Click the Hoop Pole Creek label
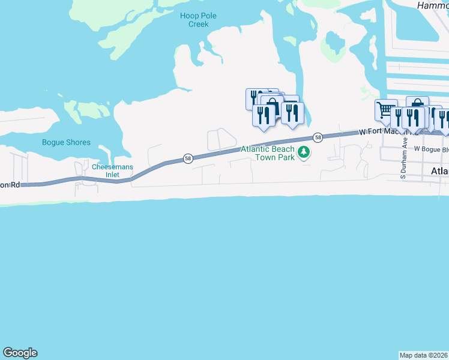(x=198, y=20)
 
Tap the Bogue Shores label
(x=66, y=143)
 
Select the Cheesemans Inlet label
(x=112, y=170)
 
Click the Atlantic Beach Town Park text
(x=268, y=153)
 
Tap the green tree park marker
(x=304, y=153)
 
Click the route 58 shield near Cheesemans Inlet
(x=188, y=158)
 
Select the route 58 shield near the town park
(x=318, y=137)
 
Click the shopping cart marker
(x=385, y=109)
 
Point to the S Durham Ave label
(x=405, y=161)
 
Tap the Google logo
(x=20, y=353)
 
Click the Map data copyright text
(x=424, y=355)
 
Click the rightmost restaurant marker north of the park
(x=292, y=113)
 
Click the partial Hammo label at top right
(x=433, y=5)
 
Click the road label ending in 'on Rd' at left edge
(x=10, y=185)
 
